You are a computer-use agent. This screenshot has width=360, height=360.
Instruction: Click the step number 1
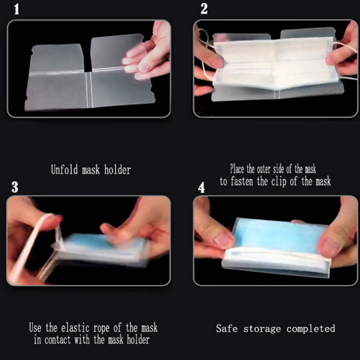click(16, 10)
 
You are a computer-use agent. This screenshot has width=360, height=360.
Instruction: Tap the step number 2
click(204, 9)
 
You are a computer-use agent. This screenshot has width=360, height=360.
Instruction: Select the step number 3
click(15, 187)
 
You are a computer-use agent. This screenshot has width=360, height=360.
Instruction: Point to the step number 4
click(201, 187)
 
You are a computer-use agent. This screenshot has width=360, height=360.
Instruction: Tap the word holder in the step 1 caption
click(118, 170)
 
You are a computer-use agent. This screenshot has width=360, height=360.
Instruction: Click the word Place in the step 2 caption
click(237, 169)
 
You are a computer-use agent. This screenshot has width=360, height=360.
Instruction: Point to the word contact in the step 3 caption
click(58, 340)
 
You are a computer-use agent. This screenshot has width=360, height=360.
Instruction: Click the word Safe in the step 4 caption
click(227, 328)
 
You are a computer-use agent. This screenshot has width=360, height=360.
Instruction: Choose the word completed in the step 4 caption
click(311, 329)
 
